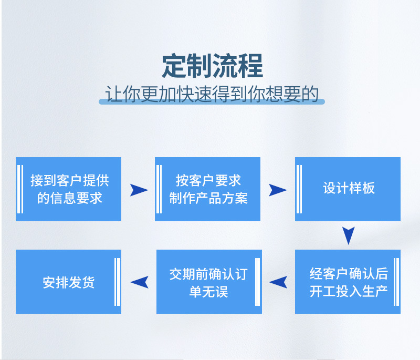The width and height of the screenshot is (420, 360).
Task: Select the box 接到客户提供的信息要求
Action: tap(68, 189)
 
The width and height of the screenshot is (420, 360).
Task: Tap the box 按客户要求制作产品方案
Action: tap(208, 189)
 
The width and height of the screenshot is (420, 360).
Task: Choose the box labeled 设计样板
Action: tap(348, 189)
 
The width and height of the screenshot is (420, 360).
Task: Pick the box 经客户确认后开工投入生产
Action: tap(348, 282)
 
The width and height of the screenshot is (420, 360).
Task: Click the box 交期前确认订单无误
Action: tap(209, 282)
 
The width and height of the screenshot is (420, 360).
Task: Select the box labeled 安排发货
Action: tap(68, 282)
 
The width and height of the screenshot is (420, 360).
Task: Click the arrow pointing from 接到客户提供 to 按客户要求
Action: tap(139, 190)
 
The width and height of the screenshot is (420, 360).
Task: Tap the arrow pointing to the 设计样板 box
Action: tap(278, 190)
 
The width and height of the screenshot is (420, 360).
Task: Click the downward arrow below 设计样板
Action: tap(348, 235)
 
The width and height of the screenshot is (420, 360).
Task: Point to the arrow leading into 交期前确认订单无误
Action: tap(278, 282)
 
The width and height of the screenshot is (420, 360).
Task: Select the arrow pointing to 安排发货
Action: tap(139, 282)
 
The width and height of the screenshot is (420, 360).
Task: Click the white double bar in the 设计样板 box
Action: tap(299, 189)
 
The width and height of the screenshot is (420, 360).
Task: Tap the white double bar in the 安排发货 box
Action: tap(118, 282)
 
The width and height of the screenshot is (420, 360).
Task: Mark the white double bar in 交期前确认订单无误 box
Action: tap(257, 282)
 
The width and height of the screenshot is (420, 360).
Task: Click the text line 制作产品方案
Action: tap(208, 198)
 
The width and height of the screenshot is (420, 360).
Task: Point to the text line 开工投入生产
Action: tap(349, 291)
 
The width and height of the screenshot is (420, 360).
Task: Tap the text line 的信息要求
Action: tap(69, 198)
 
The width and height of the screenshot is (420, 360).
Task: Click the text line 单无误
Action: tap(208, 291)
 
